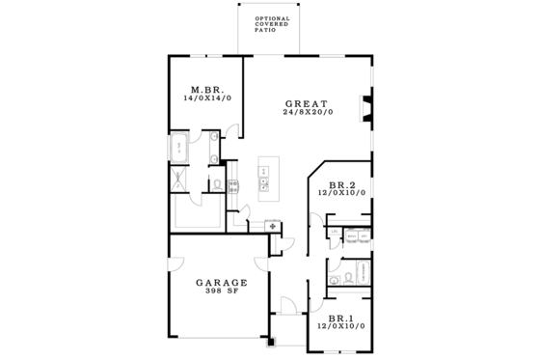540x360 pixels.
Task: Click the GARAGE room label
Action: click(x=222, y=283)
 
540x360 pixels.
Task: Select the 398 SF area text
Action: click(x=222, y=292)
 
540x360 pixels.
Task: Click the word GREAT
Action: click(x=307, y=103)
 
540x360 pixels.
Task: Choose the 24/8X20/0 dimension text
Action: click(x=307, y=113)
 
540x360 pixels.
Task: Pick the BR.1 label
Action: click(x=340, y=318)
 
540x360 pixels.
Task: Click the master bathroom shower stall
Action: click(x=180, y=178)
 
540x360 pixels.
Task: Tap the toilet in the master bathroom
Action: click(x=218, y=182)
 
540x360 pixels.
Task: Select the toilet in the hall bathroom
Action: click(x=334, y=280)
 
